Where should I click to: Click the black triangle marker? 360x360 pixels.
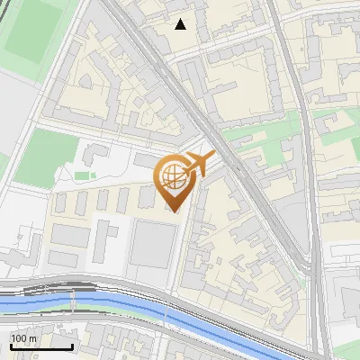point(181,24)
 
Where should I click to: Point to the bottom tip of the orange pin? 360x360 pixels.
point(175,211)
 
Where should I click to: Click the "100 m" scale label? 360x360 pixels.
point(24,338)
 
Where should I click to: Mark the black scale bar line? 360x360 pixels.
point(41,346)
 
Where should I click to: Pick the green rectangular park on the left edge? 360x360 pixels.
point(45,157)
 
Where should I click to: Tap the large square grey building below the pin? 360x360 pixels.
point(153,244)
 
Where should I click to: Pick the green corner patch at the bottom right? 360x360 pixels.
point(346,346)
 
